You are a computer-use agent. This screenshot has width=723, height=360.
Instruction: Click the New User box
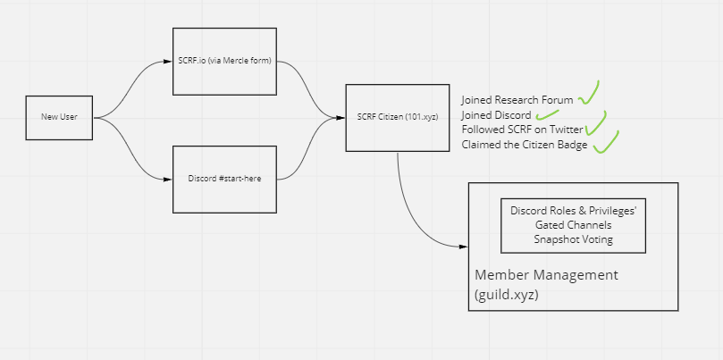coord(59,117)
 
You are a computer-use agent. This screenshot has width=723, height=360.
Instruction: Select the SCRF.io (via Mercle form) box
coord(224,61)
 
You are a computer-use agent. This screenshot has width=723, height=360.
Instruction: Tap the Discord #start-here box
coord(224,179)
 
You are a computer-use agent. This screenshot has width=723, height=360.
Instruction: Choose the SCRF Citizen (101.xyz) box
coord(398,117)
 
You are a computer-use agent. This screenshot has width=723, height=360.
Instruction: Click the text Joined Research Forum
coord(517,100)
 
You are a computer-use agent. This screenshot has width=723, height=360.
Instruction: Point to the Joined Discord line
coord(496,115)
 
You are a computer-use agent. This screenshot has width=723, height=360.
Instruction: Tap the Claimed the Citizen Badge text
coord(525,145)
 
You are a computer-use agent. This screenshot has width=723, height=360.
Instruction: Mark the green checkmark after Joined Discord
coord(547,114)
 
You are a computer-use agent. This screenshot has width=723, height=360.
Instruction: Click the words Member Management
coord(545,274)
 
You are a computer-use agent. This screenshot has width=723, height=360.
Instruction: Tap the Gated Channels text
coord(572,225)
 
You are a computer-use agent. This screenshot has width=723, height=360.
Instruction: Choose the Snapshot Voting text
coord(572,239)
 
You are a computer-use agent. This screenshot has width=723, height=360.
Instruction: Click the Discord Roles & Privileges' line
coord(572,211)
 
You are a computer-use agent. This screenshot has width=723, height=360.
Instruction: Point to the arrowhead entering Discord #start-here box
coord(168,179)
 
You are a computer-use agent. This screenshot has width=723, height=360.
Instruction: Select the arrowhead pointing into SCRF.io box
coord(168,61)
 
